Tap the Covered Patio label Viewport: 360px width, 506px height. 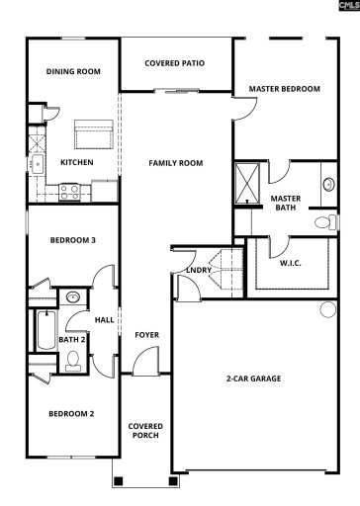coord(175,63)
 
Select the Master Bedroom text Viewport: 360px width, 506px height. coord(285,89)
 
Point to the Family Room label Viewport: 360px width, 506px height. coord(175,162)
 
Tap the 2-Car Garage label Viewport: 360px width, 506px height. coord(254,379)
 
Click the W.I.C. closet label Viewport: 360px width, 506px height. coord(291,263)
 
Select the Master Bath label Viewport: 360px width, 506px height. coord(285,203)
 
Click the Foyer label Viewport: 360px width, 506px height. coord(147,335)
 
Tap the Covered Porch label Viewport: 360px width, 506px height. coord(146,431)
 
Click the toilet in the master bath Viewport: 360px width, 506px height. coord(320,223)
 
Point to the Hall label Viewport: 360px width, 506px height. coord(104,319)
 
